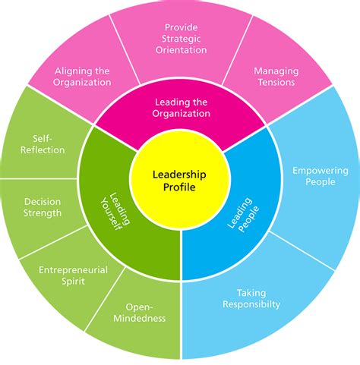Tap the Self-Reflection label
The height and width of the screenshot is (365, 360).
[x=44, y=144]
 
